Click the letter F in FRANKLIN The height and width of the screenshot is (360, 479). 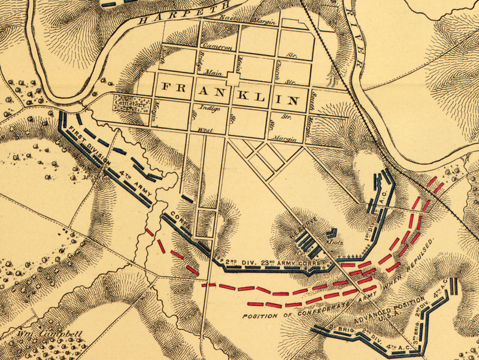click(x=163, y=88)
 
